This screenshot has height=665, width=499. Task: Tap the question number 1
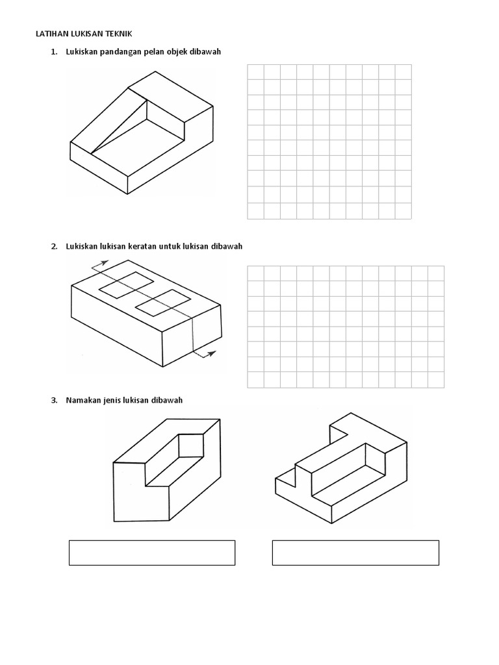[x=53, y=52]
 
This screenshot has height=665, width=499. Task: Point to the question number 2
[x=53, y=247]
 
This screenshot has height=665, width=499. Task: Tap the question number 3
[x=53, y=400]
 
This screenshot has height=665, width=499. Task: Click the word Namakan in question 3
[x=82, y=400]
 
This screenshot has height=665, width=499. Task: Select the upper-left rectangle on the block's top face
[x=125, y=284]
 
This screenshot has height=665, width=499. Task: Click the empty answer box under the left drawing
[x=151, y=552]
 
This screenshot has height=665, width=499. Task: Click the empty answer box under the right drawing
[x=355, y=552]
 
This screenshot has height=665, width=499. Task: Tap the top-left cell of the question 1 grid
[x=255, y=72]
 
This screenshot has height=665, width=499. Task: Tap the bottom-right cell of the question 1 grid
[x=403, y=211]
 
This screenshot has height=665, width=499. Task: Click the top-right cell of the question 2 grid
[x=436, y=273]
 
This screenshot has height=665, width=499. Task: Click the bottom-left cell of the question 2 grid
[x=255, y=379]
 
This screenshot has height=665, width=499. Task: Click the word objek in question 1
[x=179, y=52]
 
